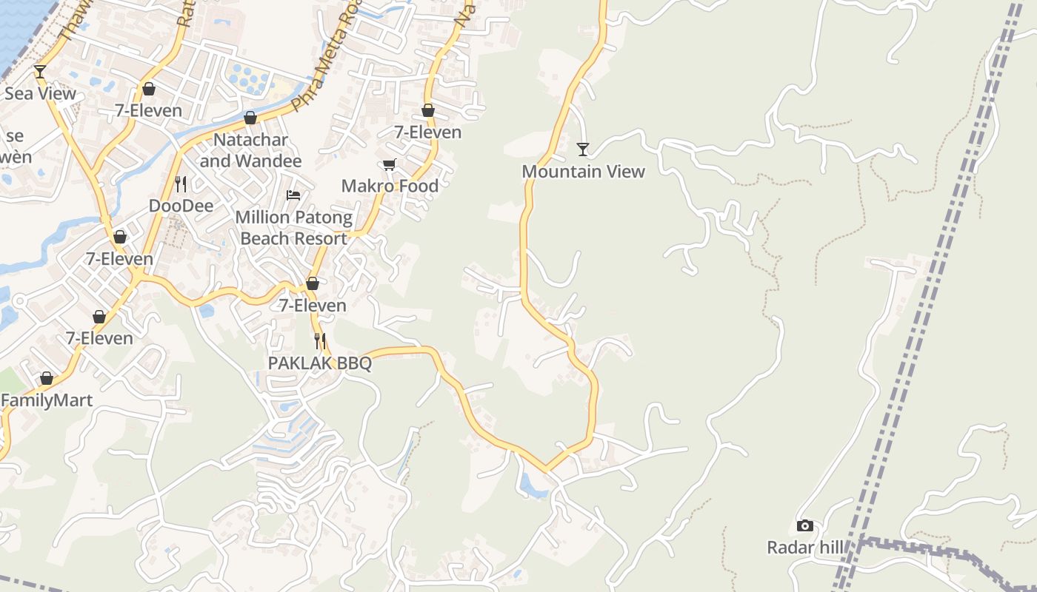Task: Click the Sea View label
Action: coord(40,93)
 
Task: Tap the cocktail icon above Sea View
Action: coord(40,71)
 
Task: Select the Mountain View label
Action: coord(584,171)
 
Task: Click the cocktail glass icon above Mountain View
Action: coord(583,149)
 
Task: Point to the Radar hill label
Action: coord(805,548)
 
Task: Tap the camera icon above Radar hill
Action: coord(805,525)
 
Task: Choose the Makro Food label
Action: coord(390,186)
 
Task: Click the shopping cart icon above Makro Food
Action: coord(390,164)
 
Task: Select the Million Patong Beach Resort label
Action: coord(294,228)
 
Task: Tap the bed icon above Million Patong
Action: coord(293,195)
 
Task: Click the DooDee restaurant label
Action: coord(181,205)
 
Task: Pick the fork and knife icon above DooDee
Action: coord(181,183)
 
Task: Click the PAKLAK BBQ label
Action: coord(320,363)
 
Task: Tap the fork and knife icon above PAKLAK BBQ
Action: coord(320,340)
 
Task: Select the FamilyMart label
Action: coord(47,400)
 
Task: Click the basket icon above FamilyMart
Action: coord(47,378)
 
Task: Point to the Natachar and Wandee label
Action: coord(250,150)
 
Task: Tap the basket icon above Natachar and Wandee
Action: coord(250,118)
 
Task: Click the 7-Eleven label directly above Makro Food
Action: coord(427,132)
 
